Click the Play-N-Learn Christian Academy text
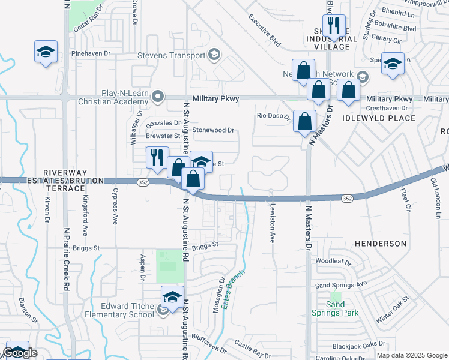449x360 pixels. [x=119, y=98]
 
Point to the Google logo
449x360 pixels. [x=20, y=353]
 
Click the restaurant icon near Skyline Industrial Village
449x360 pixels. [x=334, y=26]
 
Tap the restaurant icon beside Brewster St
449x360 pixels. [x=157, y=157]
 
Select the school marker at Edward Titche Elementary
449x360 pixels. [x=172, y=297]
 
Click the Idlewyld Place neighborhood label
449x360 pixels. [x=379, y=118]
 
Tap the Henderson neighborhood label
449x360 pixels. [x=380, y=244]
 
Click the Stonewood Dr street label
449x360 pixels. [x=212, y=130]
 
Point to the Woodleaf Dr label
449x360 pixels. [x=333, y=262]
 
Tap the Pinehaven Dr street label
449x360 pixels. [x=91, y=53]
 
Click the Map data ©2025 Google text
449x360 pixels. [x=412, y=355]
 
